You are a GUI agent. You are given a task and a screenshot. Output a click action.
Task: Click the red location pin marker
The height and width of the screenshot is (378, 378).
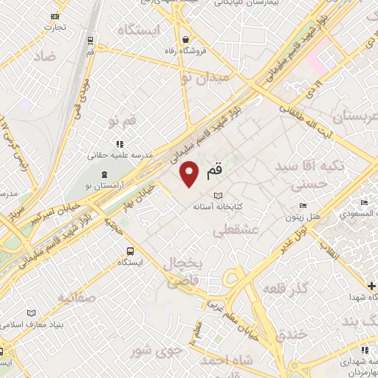(x=190, y=174)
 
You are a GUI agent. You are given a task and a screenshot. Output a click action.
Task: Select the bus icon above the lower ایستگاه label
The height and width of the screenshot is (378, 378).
(x=131, y=250)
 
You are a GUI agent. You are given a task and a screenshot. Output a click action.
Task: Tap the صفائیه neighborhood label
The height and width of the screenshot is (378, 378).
(x=75, y=298)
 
